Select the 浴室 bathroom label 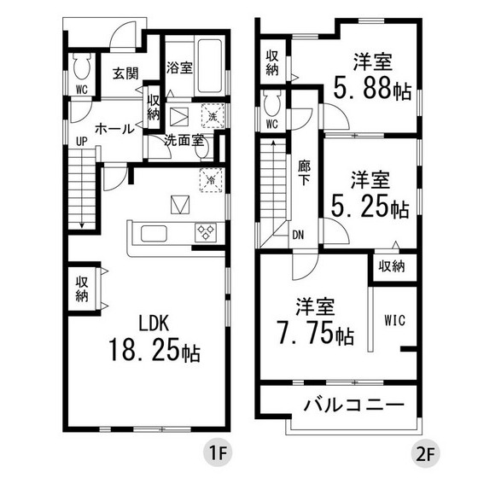(x=179, y=67)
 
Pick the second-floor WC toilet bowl (x=272, y=105)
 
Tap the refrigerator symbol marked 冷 (x=211, y=179)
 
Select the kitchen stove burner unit (x=206, y=233)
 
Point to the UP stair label (x=81, y=141)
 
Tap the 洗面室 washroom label (x=184, y=140)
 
